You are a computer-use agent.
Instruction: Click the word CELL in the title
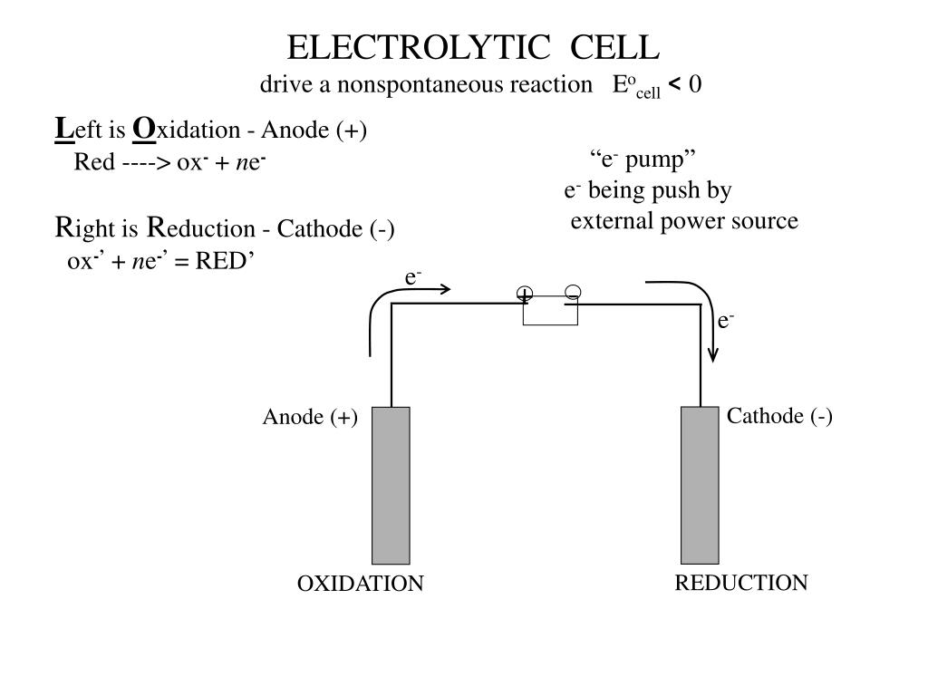point(615,47)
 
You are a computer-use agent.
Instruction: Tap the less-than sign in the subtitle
point(674,83)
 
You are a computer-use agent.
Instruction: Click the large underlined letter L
point(64,129)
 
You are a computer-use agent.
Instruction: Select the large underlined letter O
point(144,129)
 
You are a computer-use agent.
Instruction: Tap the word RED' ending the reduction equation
point(225,260)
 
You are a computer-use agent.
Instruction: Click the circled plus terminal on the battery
point(525,294)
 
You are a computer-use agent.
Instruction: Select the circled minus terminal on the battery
point(573,292)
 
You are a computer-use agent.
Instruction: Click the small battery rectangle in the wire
point(550,311)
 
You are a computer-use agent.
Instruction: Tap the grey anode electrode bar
point(391,486)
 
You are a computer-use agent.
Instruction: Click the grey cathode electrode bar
point(700,486)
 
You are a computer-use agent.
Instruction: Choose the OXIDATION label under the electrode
point(361,584)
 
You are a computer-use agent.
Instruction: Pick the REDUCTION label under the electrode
point(741,583)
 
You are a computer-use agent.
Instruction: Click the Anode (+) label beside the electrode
point(310,417)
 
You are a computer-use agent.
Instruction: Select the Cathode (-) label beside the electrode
point(779,416)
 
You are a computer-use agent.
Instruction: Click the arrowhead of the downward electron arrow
point(713,356)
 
